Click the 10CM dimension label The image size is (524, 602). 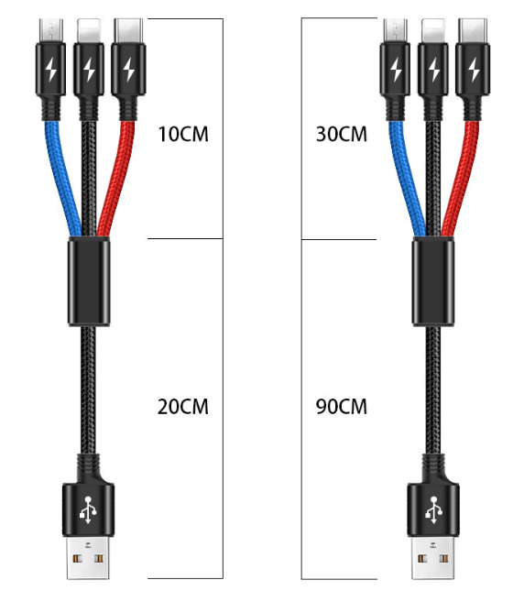[183, 135]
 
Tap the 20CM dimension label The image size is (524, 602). [183, 407]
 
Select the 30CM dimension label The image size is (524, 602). [342, 135]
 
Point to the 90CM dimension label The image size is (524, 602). [342, 407]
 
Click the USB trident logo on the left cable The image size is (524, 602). [88, 509]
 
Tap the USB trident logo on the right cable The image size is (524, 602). [433, 509]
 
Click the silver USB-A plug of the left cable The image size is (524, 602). [88, 557]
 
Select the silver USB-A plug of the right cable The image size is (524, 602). [433, 557]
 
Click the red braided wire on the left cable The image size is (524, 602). [117, 177]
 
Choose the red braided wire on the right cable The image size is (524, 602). [462, 177]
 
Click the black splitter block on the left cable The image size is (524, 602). [89, 281]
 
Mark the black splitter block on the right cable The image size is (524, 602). [433, 281]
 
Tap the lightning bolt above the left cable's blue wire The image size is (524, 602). [51, 70]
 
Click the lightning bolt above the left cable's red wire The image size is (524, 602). [128, 70]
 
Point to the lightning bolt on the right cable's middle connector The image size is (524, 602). [434, 70]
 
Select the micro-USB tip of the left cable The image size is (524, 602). [51, 31]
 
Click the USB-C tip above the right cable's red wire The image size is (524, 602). [473, 31]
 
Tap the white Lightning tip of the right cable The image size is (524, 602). [433, 31]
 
